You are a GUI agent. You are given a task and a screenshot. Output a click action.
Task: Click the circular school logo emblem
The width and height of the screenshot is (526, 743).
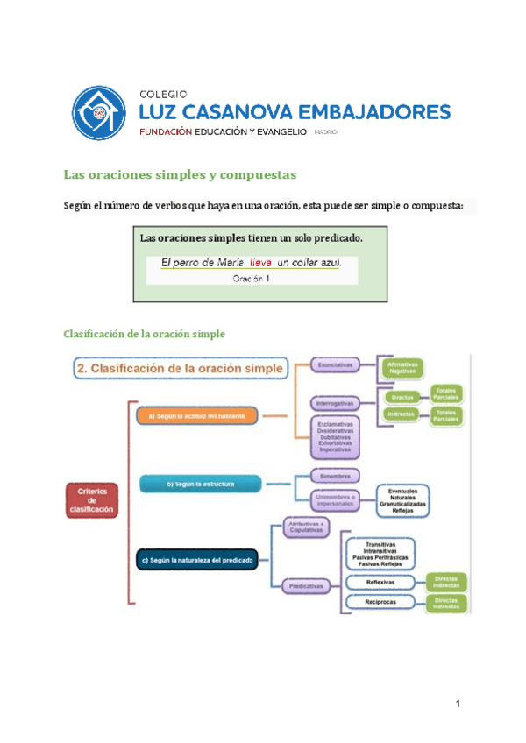point(99,113)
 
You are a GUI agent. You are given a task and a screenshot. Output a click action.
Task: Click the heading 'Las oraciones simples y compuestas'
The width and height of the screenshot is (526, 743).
point(181,174)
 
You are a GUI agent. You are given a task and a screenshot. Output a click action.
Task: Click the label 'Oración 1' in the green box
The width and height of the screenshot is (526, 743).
point(252,279)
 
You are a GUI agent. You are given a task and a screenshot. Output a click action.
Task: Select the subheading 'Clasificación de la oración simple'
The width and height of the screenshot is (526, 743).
point(145,334)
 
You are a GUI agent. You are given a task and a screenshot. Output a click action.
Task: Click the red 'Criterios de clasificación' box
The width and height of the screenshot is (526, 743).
point(92,500)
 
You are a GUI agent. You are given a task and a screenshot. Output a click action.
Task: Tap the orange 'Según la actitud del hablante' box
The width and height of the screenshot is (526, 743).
point(196,415)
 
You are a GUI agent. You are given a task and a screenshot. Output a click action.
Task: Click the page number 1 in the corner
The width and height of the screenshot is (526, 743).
point(457,704)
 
